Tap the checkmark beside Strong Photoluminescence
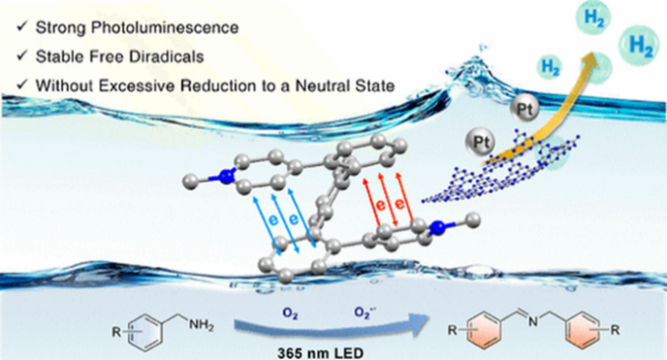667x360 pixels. [x=21, y=28]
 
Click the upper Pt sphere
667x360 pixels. [x=524, y=109]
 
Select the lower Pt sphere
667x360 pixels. [x=481, y=142]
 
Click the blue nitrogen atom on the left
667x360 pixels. [x=228, y=176]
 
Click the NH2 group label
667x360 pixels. [x=201, y=325]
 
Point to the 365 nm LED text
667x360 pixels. [x=321, y=353]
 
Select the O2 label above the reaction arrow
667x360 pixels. [x=290, y=314]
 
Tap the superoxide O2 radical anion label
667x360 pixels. [x=365, y=313]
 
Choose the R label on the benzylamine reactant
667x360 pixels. [x=116, y=331]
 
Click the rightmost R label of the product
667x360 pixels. [x=615, y=330]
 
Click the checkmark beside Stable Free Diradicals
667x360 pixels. [x=21, y=56]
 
